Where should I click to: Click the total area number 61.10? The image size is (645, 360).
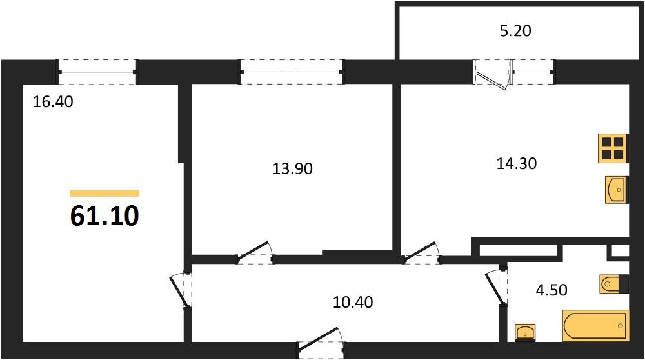(x=104, y=216)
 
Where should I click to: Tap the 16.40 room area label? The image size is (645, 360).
(x=53, y=101)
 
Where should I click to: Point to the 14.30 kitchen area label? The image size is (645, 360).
(x=516, y=164)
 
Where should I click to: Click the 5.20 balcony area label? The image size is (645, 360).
(x=515, y=30)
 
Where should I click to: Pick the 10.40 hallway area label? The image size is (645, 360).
(x=352, y=301)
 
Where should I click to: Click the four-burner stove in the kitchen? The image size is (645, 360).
(x=613, y=148)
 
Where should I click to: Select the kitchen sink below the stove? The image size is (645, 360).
(x=617, y=190)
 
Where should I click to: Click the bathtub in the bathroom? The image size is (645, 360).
(x=595, y=325)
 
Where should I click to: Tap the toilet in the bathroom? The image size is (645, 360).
(x=612, y=284)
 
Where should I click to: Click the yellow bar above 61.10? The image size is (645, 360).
(x=104, y=194)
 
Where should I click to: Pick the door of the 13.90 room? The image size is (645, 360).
(x=255, y=253)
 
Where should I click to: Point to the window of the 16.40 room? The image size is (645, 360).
(x=97, y=72)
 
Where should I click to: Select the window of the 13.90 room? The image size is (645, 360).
(x=292, y=72)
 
